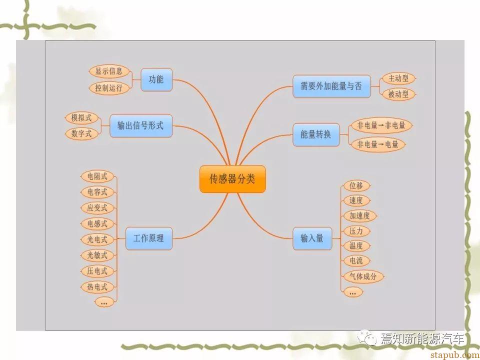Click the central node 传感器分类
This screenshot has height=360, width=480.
point(232,179)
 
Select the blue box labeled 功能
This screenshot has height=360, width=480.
point(156,79)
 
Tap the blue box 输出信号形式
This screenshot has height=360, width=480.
point(141,126)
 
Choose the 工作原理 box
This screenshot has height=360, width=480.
point(149,238)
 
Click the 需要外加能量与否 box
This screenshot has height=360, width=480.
point(331,86)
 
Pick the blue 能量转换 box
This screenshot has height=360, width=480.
point(316,134)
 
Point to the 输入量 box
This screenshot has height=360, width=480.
point(312,238)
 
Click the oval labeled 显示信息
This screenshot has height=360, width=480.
point(109,71)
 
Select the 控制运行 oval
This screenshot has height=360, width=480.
point(109,88)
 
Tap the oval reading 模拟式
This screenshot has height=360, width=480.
point(81,118)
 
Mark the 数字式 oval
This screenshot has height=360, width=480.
point(81,133)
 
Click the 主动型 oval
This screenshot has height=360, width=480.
point(398,78)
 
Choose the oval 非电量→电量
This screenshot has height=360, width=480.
point(378,144)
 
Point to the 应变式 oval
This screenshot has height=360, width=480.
point(97,208)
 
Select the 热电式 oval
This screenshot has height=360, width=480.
point(97,287)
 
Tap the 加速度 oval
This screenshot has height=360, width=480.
point(359,215)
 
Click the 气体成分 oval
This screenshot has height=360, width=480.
point(363,276)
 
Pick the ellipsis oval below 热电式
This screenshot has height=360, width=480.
point(104,302)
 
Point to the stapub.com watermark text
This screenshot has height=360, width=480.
point(455,355)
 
